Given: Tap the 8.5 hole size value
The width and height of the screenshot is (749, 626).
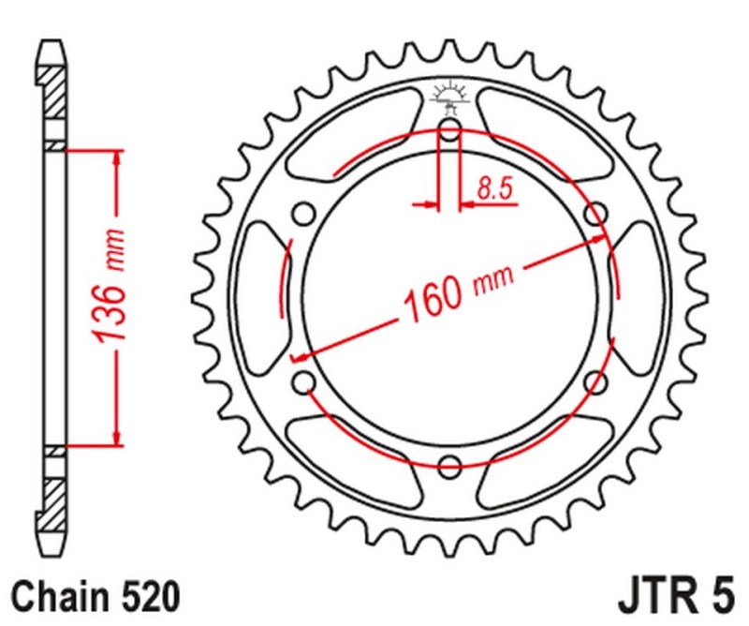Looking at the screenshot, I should pos(494,189).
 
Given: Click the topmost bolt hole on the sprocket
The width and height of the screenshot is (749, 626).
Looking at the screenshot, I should pos(448,130).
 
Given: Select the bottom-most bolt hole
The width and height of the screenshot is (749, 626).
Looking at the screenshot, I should pos(448,465).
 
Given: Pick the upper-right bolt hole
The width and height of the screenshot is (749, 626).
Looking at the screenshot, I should pos(594,215).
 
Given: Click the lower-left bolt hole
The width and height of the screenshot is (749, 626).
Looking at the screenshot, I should pos(303,381).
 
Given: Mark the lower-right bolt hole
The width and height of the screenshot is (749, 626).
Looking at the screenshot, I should pos(594,381).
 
